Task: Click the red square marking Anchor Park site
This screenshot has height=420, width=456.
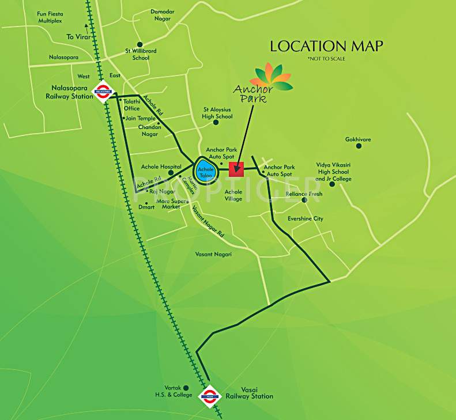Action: pyautogui.click(x=236, y=169)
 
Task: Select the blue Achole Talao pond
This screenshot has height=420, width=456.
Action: pyautogui.click(x=206, y=169)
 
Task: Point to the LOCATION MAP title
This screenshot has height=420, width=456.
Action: pyautogui.click(x=326, y=46)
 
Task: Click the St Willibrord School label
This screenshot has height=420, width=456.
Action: pyautogui.click(x=141, y=54)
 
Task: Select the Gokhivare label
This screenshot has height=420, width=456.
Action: pyautogui.click(x=358, y=139)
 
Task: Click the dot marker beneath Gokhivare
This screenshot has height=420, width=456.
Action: pyautogui.click(x=359, y=146)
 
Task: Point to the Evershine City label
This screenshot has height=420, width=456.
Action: pyautogui.click(x=306, y=219)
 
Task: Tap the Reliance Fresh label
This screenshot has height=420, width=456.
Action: pyautogui.click(x=304, y=194)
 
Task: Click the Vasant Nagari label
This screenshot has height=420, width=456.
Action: pyautogui.click(x=213, y=254)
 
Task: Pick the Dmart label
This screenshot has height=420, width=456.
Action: pyautogui.click(x=148, y=207)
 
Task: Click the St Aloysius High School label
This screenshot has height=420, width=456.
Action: pyautogui.click(x=217, y=113)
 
